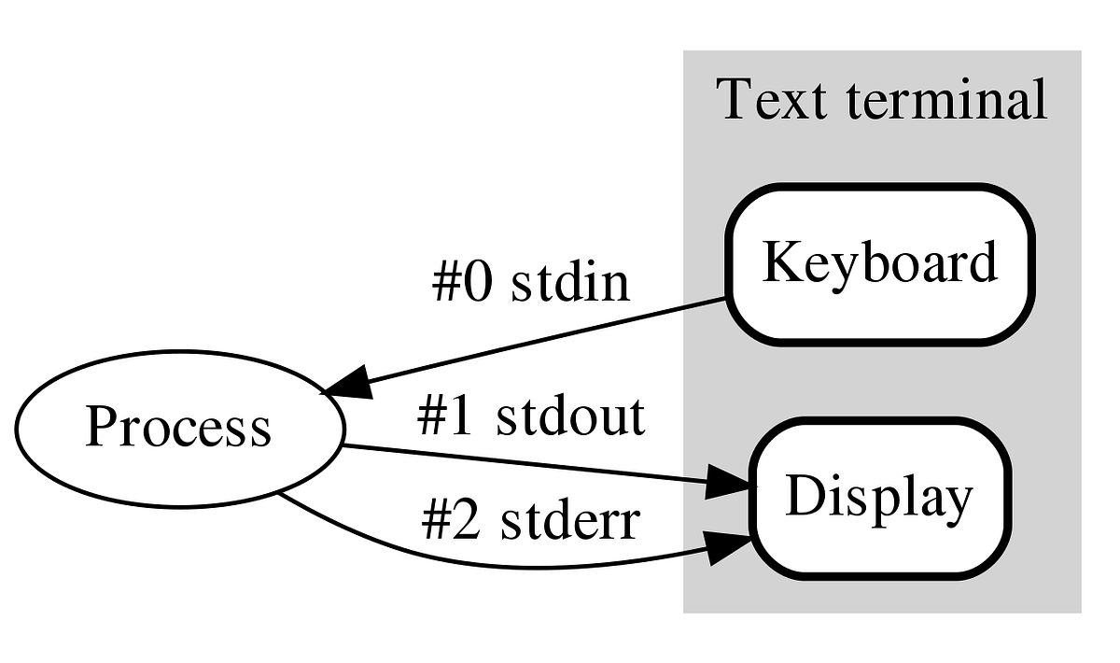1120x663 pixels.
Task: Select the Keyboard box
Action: [x=879, y=264]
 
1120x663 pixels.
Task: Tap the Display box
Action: [x=879, y=497]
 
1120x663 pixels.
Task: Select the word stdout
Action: [x=570, y=416]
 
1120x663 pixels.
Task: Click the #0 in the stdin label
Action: [x=461, y=283]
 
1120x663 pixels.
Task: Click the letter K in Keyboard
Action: [x=778, y=264]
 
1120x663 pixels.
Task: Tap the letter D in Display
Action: [x=801, y=497]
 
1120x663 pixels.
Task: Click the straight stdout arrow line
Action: [x=523, y=463]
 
